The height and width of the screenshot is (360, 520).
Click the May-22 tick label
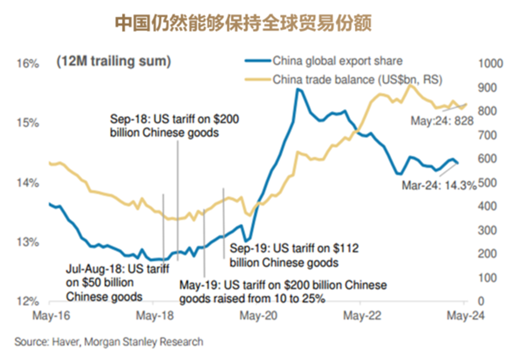pos(359,315)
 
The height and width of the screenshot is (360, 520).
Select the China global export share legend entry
pos(337,61)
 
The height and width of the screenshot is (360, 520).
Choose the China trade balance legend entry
pos(361,79)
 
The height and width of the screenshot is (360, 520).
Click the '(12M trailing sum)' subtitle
pos(114,61)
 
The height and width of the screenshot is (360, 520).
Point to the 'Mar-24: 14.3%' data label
pos(439,186)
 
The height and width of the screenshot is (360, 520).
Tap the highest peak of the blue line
pos(298,90)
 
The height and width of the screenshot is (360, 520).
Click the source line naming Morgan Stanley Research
pos(109,342)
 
